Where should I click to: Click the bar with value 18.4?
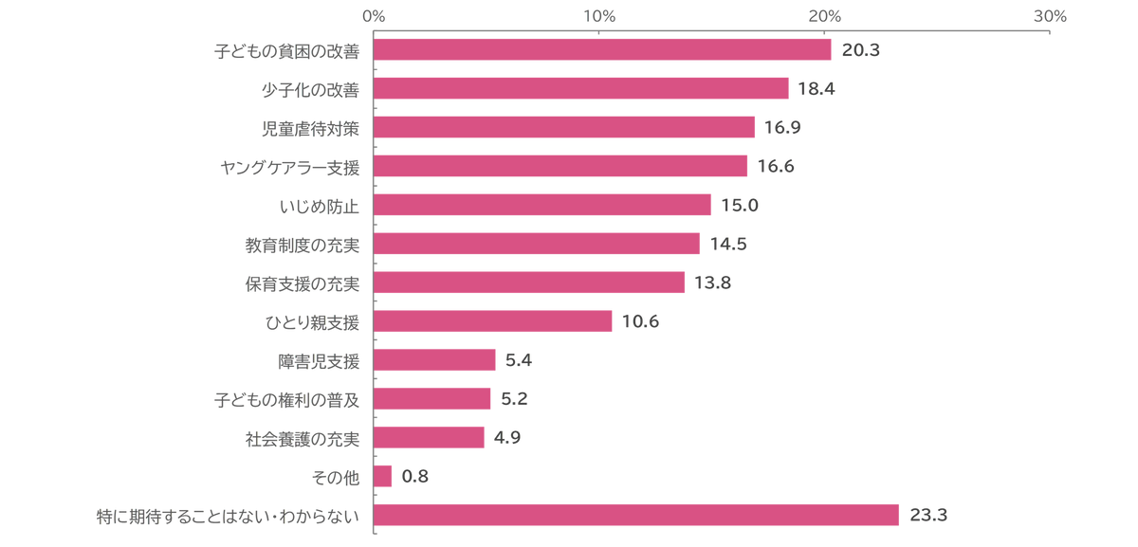tap(583, 88)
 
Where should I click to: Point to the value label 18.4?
tap(816, 89)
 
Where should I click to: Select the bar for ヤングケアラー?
tap(562, 166)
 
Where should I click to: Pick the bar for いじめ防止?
tap(544, 205)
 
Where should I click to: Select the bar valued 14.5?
tap(539, 244)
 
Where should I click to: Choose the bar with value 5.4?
tap(436, 360)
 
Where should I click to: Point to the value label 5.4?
tap(518, 360)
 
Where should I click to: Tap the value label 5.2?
tap(513, 399)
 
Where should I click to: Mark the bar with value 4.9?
tap(431, 438)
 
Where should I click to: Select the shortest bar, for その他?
tap(385, 477)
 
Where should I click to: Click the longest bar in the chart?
tap(638, 516)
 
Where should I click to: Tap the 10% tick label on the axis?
tap(599, 15)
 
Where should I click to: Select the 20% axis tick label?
tap(825, 15)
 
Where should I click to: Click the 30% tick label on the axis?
tap(1050, 15)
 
